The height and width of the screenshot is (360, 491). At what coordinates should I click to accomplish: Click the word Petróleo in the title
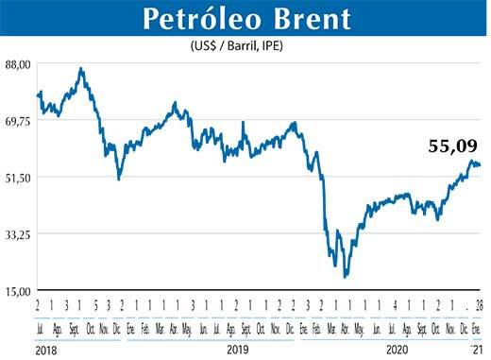204,19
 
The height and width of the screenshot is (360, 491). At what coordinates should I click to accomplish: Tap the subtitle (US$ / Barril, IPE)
245,44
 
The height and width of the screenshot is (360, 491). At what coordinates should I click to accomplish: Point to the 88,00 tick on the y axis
19,64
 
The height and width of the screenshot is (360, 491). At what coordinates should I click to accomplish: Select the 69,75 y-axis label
19,121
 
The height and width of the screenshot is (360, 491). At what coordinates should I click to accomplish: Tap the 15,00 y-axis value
19,291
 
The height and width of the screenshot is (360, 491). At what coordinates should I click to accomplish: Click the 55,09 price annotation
453,146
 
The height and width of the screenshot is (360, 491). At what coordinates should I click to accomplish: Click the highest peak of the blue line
81,69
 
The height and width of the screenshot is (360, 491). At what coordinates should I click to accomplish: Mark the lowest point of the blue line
347,277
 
